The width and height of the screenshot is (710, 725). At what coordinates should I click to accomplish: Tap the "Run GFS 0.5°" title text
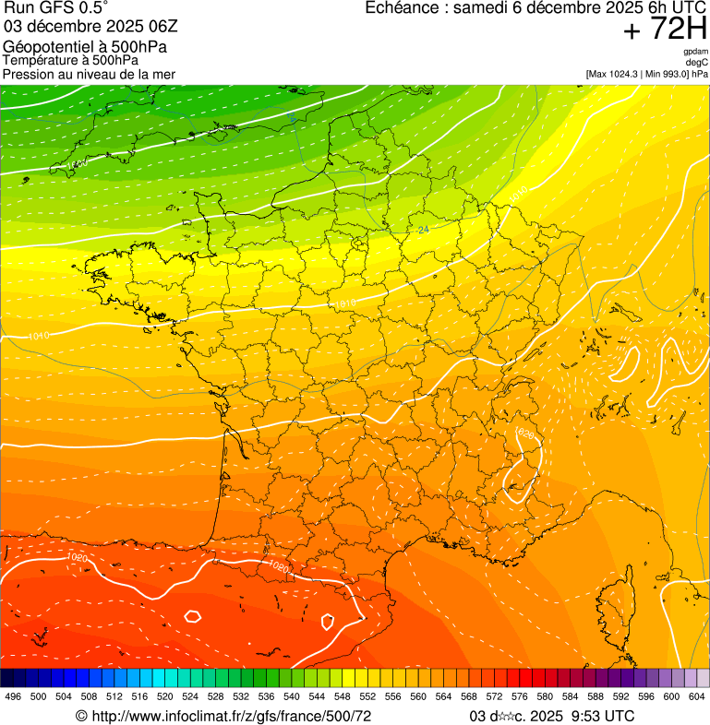[56, 9]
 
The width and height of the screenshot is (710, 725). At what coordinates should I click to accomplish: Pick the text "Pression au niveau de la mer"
[89, 74]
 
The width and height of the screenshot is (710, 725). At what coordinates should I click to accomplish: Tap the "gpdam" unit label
[695, 52]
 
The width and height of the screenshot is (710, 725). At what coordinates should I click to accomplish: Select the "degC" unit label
[697, 63]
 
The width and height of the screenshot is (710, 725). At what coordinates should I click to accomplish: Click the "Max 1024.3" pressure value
[617, 74]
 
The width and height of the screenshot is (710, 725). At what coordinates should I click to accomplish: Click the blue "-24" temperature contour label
[423, 230]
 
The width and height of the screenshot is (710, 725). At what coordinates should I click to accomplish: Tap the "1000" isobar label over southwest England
[77, 165]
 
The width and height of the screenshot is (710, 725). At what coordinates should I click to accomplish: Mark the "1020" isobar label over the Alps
[525, 434]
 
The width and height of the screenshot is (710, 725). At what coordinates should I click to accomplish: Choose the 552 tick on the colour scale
[367, 696]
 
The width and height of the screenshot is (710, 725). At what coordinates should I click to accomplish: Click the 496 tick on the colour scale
[13, 696]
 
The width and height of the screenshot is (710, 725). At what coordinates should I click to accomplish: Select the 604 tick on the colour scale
[696, 696]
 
